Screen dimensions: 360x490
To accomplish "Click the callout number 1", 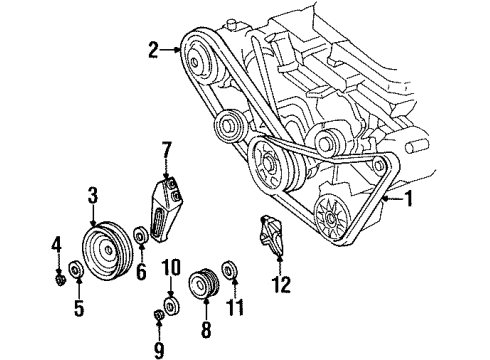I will point(408,199).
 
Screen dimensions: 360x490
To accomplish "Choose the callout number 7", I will point(168,152).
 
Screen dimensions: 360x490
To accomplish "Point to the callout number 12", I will point(282,285).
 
